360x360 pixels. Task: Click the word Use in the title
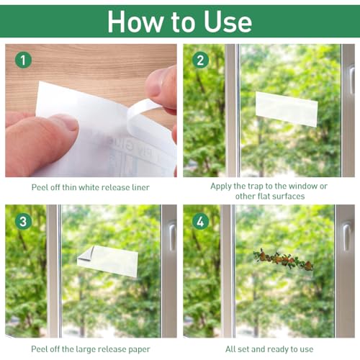228,22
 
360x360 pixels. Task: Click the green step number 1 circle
23,60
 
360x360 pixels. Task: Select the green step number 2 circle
201,60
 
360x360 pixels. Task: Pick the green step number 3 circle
23,221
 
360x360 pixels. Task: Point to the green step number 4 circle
201,221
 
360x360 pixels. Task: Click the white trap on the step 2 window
287,109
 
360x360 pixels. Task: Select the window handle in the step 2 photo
351,81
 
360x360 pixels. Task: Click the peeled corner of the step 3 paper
86,254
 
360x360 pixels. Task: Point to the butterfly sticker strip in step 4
283,259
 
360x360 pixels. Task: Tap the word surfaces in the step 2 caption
287,197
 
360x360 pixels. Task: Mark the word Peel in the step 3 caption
38,349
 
